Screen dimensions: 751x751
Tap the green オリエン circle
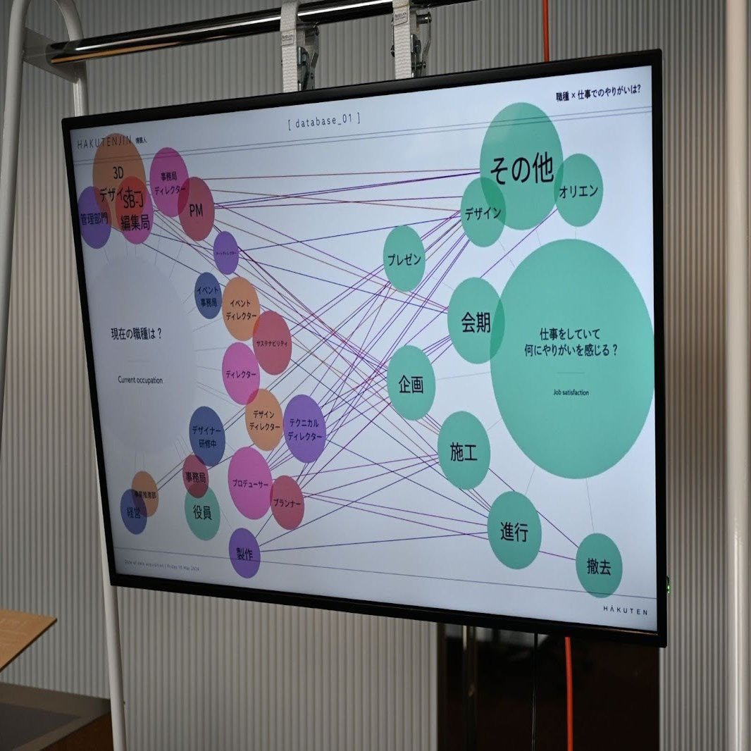pyautogui.click(x=578, y=190)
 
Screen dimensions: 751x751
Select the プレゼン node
pyautogui.click(x=404, y=259)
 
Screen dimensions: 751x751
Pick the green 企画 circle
pyautogui.click(x=411, y=383)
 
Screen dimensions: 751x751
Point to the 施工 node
pyautogui.click(x=464, y=451)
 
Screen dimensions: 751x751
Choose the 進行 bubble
pyautogui.click(x=514, y=530)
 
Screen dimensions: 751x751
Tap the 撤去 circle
pyautogui.click(x=599, y=565)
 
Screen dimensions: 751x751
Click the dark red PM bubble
pyautogui.click(x=196, y=209)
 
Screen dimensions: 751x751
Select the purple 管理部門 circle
pyautogui.click(x=94, y=218)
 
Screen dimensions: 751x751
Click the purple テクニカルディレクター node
pyautogui.click(x=304, y=428)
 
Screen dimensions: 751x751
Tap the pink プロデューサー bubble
pyautogui.click(x=249, y=483)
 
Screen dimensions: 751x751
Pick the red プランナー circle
pyautogui.click(x=287, y=502)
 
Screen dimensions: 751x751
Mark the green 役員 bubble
pyautogui.click(x=202, y=513)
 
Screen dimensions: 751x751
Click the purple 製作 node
pyautogui.click(x=244, y=553)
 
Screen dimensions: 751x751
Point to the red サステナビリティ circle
pyautogui.click(x=272, y=342)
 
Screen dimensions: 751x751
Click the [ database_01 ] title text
pyautogui.click(x=325, y=120)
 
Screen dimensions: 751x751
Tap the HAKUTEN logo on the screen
pyautogui.click(x=624, y=609)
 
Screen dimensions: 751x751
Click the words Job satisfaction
pyautogui.click(x=571, y=392)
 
